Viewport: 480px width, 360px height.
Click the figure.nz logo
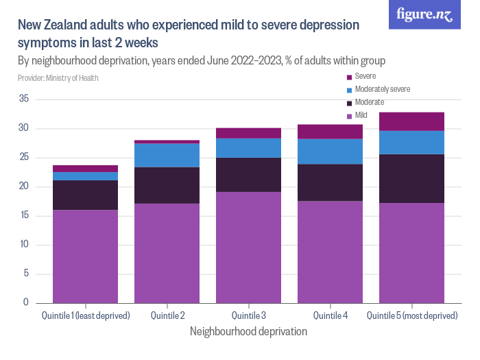click(x=424, y=15)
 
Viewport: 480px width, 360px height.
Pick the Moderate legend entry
click(x=369, y=102)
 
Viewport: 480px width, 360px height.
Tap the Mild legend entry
click(x=361, y=115)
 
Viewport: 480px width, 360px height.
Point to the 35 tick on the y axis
click(x=23, y=99)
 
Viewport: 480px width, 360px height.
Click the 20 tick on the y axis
click(x=23, y=187)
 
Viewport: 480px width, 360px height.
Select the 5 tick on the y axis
click(x=25, y=274)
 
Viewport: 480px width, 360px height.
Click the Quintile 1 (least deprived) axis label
click(x=85, y=315)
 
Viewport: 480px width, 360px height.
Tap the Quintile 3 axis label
click(x=248, y=315)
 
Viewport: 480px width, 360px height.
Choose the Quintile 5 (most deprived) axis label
click(x=412, y=315)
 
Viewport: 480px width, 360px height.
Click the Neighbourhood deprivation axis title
click(x=248, y=331)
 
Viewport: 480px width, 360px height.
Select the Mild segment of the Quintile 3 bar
click(x=248, y=247)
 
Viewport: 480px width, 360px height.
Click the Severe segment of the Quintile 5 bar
click(x=411, y=121)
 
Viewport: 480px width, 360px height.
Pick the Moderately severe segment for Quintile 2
click(x=167, y=155)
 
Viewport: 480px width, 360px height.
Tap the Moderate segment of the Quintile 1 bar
click(x=85, y=195)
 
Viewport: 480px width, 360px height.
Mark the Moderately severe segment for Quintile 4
click(x=330, y=152)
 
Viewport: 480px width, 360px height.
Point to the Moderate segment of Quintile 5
click(x=411, y=178)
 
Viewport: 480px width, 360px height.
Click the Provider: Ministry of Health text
click(x=58, y=78)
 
